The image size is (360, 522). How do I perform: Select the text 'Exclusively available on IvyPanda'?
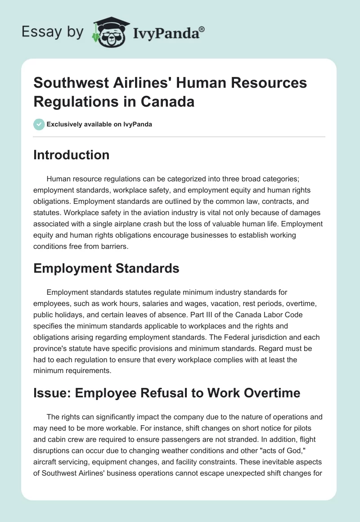pyautogui.click(x=99, y=124)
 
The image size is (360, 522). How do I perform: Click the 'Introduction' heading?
pyautogui.click(x=71, y=155)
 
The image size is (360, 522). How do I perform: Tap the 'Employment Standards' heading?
pyautogui.click(x=106, y=269)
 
